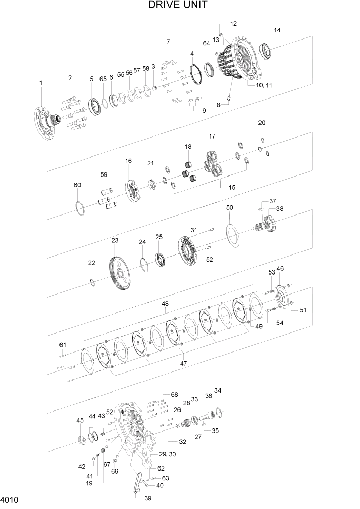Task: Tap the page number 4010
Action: [x=10, y=499]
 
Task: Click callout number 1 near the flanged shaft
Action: [x=41, y=83]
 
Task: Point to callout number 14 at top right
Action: [x=277, y=30]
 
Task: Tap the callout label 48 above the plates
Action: [x=165, y=304]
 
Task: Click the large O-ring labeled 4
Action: [x=195, y=77]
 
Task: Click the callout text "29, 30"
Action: [x=168, y=454]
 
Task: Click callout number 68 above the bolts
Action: [x=174, y=395]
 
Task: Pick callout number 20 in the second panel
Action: [x=262, y=123]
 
